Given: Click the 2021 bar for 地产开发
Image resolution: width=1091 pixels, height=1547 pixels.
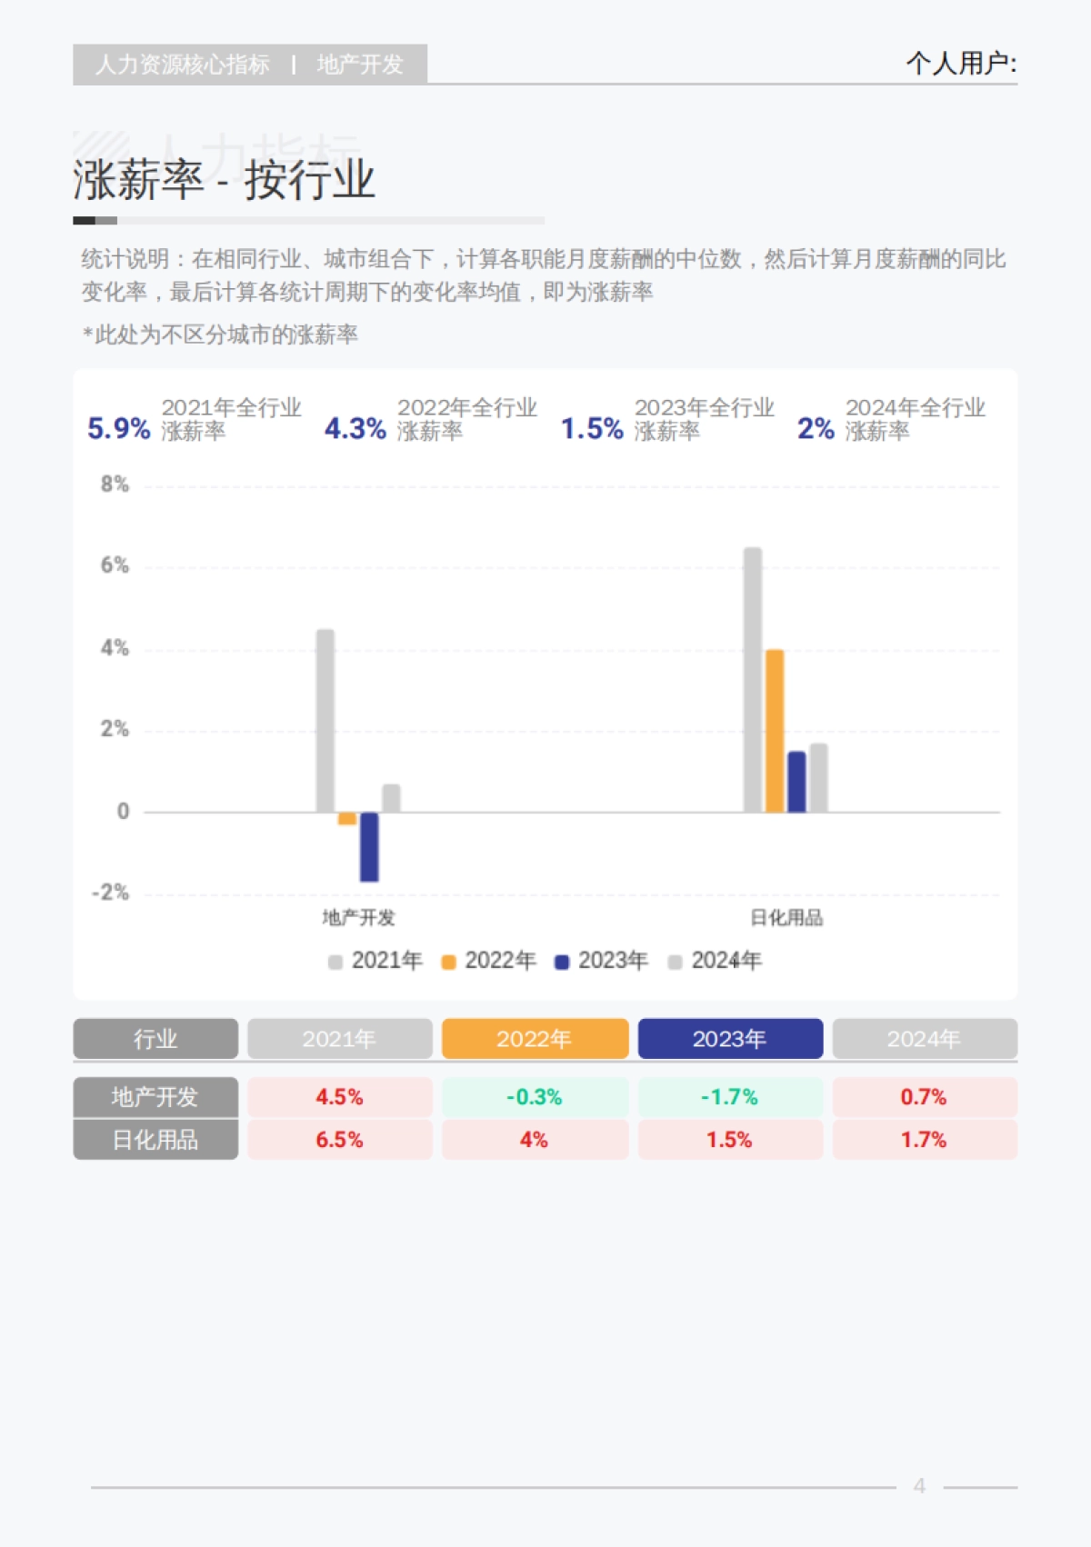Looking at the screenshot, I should coord(325,721).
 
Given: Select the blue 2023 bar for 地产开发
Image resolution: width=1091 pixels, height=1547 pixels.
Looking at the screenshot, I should coord(369,846).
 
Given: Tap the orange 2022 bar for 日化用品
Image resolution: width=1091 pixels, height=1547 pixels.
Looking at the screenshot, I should coord(775,731).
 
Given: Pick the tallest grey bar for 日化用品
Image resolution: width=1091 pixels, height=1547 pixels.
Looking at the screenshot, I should coord(753,680).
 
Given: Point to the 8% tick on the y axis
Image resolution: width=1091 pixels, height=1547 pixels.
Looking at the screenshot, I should coord(115,484).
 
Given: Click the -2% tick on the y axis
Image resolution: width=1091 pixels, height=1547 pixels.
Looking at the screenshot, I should coord(111,893).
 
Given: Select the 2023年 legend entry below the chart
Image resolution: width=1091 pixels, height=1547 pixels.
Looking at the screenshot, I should coord(602,961).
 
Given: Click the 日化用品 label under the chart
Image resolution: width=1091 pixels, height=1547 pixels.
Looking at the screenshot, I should coord(786,918).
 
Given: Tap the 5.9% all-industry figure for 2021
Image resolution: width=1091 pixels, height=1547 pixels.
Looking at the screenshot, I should coord(118,428).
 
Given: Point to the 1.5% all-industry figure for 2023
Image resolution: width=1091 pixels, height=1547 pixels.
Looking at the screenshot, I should coord(592,428).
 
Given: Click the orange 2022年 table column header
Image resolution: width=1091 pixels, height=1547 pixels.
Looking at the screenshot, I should coord(535,1039).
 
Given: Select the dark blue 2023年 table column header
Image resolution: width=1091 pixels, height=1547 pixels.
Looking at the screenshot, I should coord(730,1039).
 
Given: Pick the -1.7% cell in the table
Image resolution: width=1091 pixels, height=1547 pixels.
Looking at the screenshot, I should coord(730,1097).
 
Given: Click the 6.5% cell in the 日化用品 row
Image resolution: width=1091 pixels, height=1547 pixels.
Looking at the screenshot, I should coord(339,1140).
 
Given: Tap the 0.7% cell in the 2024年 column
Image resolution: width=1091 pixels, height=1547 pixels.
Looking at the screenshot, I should coord(924,1097).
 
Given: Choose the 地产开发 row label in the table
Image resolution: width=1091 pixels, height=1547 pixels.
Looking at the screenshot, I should coord(155,1097).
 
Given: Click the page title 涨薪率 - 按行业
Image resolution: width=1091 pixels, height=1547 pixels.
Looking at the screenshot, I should coord(224,180).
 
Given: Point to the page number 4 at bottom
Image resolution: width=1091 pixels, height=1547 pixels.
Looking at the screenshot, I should coord(919,1486).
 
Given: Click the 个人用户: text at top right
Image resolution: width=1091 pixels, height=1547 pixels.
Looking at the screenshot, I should coord(961,64).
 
